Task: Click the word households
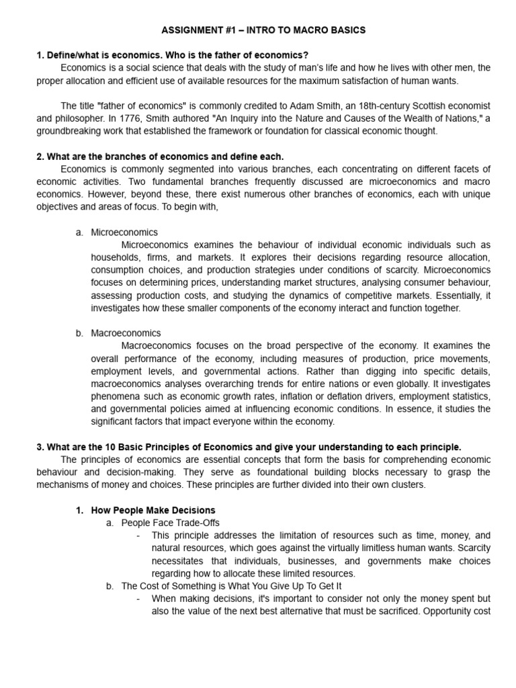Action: click(115, 258)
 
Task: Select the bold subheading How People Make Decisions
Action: click(153, 510)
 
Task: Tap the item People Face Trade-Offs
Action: click(170, 523)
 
